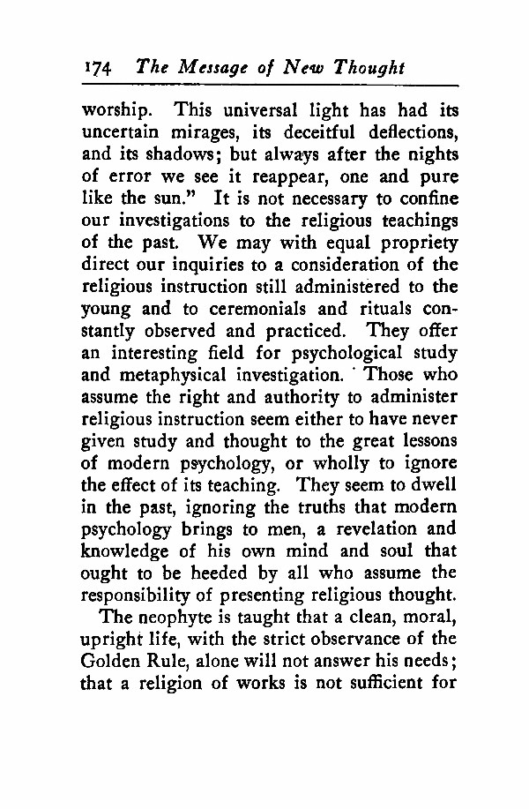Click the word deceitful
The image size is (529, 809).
(x=331, y=133)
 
